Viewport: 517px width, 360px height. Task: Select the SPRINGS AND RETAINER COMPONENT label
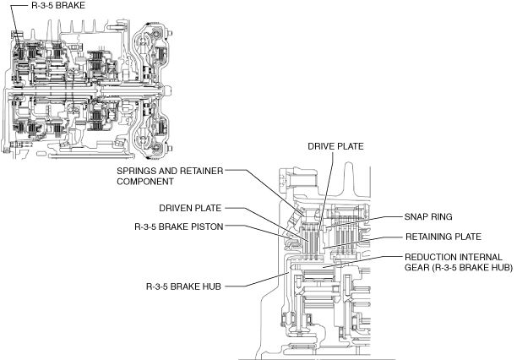coord(170,176)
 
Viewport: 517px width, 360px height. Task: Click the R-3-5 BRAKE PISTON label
coord(177,226)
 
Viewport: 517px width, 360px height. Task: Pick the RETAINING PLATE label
coord(444,237)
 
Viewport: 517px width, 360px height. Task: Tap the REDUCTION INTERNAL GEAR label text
coord(454,262)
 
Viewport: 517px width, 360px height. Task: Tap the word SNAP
coord(419,215)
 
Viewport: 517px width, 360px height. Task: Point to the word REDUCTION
coord(434,256)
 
